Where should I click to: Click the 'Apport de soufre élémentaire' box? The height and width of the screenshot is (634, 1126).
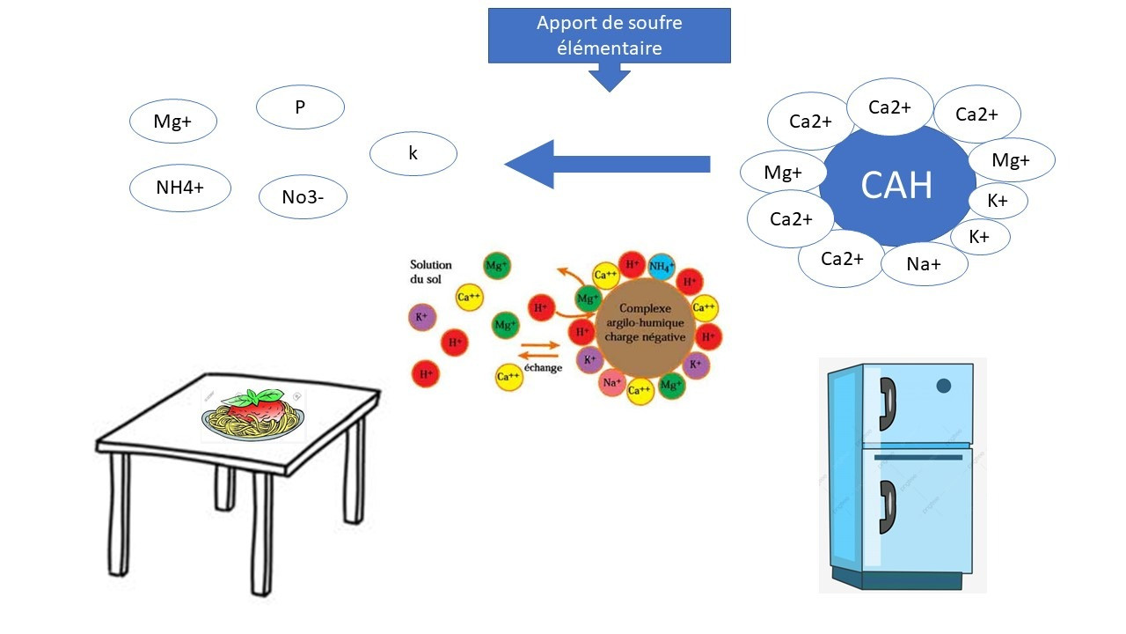click(x=609, y=35)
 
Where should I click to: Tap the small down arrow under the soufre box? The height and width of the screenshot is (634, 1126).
click(x=609, y=79)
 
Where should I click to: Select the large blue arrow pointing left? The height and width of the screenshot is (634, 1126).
click(x=607, y=164)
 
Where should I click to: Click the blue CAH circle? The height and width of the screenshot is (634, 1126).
click(x=896, y=186)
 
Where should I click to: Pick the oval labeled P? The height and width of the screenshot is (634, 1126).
click(x=300, y=107)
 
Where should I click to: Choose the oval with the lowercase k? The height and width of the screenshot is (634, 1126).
click(x=413, y=154)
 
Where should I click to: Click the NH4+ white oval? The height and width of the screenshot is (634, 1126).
click(x=180, y=188)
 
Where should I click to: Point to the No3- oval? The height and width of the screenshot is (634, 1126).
click(x=303, y=197)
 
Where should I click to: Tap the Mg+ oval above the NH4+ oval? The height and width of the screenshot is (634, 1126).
click(x=172, y=122)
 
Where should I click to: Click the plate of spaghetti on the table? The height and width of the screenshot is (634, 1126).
click(x=254, y=417)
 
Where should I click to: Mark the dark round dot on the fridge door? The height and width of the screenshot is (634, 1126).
click(x=944, y=385)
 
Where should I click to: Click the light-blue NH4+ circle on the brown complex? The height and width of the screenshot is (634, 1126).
click(x=662, y=265)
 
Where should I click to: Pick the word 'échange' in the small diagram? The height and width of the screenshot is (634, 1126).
click(x=543, y=368)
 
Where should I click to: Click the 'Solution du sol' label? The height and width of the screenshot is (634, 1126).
click(x=431, y=271)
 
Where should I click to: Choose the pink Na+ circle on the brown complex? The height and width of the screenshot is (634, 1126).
click(x=613, y=383)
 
